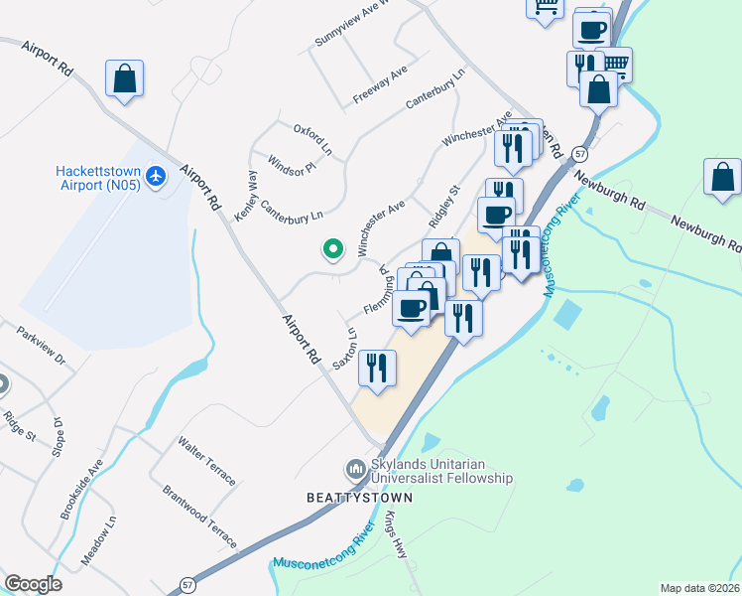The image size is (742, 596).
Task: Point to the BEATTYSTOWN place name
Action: point(344,494)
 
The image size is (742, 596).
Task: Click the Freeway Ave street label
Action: point(381,87)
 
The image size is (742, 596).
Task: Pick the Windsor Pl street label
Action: point(292,163)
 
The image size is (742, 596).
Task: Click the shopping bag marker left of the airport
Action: point(124,78)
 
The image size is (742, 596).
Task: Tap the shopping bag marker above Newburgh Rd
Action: point(722,177)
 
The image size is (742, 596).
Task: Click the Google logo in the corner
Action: point(34,584)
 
